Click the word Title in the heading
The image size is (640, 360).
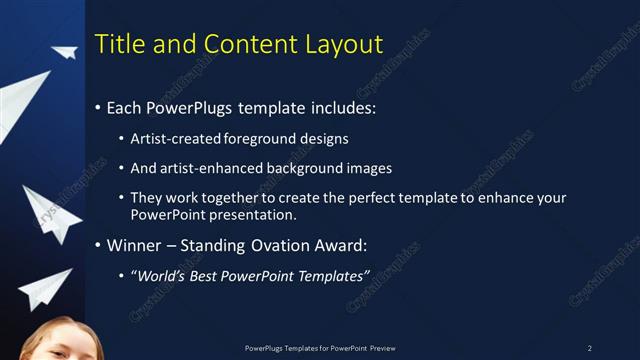116,44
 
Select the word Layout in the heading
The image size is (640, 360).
346,44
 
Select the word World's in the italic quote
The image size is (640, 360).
160,274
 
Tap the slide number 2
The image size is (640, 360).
589,348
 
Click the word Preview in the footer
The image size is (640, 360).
383,348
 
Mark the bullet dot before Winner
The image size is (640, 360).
97,245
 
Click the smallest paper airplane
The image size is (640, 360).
65,51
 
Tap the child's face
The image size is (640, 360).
55,345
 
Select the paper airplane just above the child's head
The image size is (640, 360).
46,288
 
